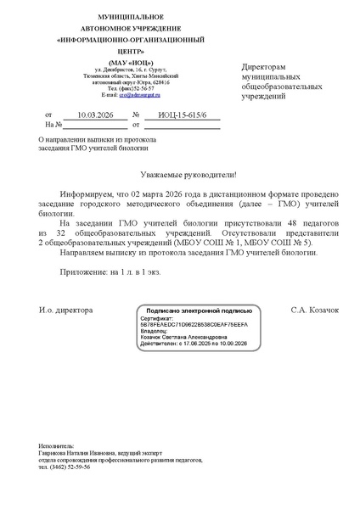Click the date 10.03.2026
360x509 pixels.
(x=94, y=113)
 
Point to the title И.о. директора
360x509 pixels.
(x=65, y=310)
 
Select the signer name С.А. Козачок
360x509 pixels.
(x=314, y=310)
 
